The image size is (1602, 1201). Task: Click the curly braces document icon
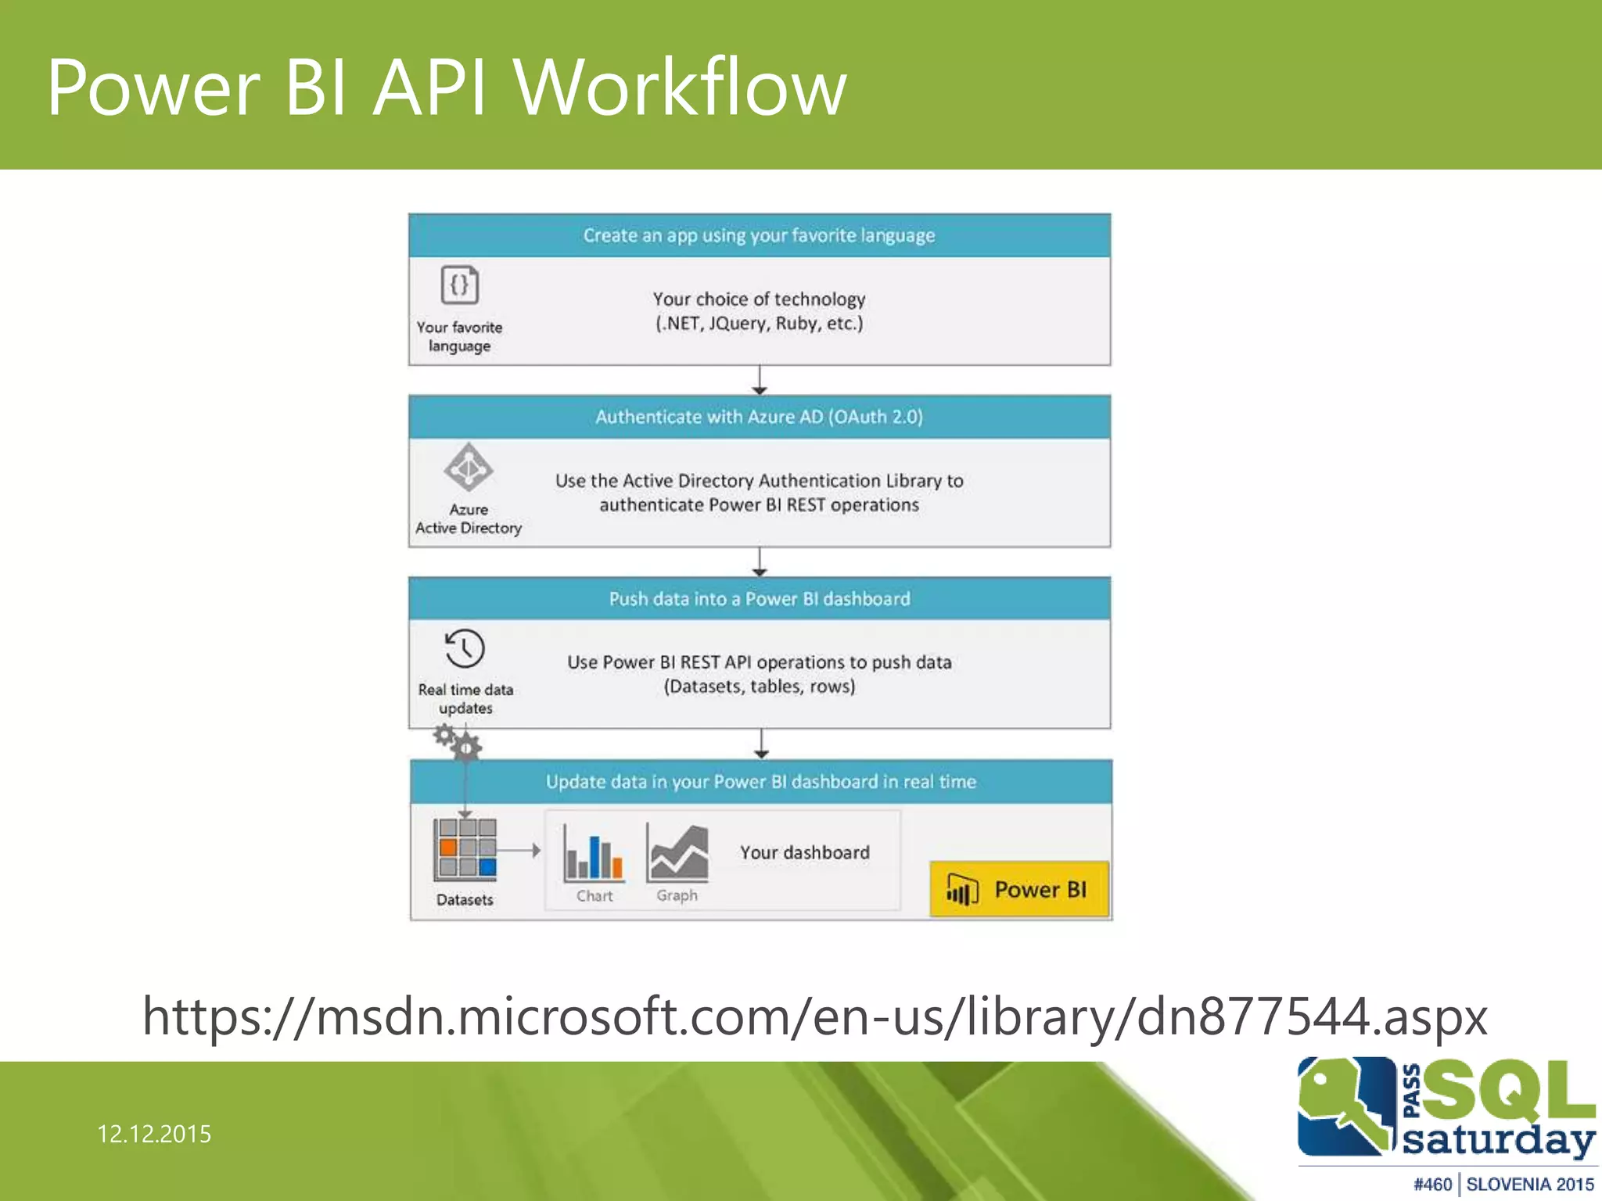460,285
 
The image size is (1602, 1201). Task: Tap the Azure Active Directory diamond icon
468,468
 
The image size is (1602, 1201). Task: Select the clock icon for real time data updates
465,648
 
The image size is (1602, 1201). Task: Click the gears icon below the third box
459,742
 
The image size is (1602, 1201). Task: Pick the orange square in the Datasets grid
448,847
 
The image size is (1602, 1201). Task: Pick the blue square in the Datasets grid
487,866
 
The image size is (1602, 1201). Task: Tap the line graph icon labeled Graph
677,854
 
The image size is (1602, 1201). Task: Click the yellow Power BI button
1019,889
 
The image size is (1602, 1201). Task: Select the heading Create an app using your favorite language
759,235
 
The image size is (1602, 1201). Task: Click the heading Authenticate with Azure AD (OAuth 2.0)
759,417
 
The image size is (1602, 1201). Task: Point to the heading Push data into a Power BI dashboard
759,599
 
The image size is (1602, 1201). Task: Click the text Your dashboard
805,852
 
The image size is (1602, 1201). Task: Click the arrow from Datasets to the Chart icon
519,850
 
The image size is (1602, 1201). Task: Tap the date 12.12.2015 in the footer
154,1134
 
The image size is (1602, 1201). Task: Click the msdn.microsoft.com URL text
814,1016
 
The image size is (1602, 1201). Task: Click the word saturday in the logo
1498,1139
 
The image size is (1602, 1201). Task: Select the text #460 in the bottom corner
1432,1185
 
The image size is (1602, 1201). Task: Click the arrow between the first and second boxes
760,381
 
